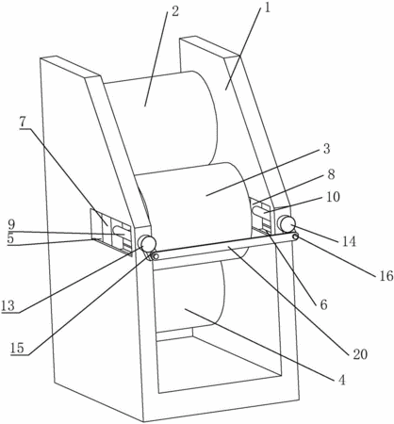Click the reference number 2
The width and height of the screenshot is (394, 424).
(x=174, y=11)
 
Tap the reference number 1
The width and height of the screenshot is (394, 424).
(x=267, y=8)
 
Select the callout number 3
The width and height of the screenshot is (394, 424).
(x=327, y=149)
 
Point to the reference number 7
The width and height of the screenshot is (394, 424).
(x=23, y=122)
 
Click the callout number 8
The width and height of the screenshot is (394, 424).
(x=332, y=174)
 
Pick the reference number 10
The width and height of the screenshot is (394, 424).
(x=334, y=197)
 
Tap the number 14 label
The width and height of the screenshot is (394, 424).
(x=350, y=241)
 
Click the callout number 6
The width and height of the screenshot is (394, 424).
(x=323, y=304)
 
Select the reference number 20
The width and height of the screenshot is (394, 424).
(x=360, y=354)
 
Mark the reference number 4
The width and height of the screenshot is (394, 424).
(x=341, y=380)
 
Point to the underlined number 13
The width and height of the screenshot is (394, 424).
(x=8, y=305)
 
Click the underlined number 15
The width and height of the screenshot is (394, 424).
(x=17, y=348)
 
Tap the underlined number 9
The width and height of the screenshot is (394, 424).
(x=11, y=224)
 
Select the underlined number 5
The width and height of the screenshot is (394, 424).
(x=10, y=238)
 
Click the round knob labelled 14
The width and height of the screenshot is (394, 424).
(x=287, y=223)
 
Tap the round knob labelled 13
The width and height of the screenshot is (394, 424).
(x=147, y=243)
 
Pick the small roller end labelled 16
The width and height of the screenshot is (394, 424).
(x=295, y=237)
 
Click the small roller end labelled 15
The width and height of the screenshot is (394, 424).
(x=155, y=256)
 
